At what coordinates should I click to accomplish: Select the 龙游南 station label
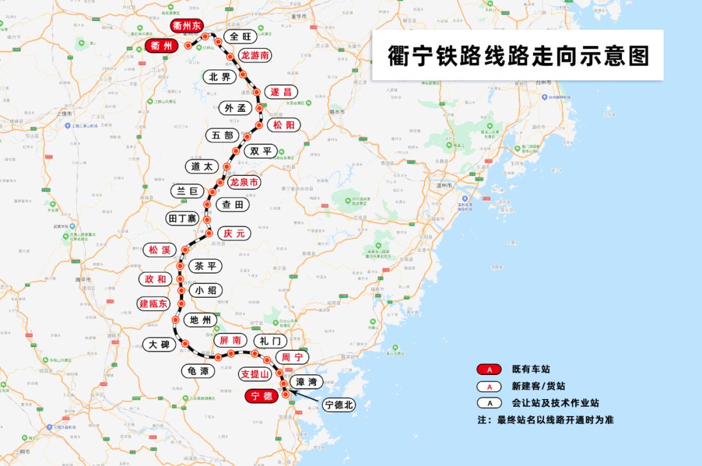255,55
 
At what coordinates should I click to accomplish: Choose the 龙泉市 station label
244,183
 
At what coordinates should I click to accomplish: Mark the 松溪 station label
159,250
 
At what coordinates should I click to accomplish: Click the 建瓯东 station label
153,304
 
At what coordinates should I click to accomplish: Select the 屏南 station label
230,340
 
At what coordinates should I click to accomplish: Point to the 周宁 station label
290,357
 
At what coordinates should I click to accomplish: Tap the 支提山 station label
254,374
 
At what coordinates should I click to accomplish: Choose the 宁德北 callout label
339,405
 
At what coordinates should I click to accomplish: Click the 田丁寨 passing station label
181,218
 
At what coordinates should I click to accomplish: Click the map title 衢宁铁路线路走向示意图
517,57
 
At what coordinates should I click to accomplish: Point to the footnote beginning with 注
545,420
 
